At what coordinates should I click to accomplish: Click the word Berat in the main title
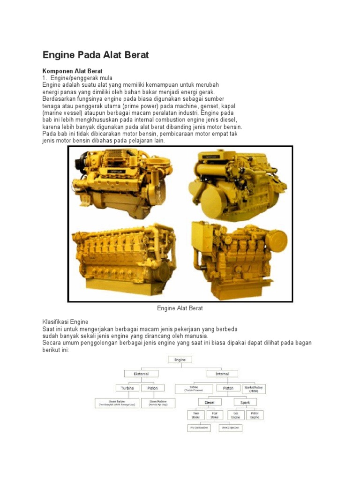point(134,55)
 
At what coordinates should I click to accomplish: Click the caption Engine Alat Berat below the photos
point(180,308)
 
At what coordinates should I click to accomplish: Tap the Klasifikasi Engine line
point(65,322)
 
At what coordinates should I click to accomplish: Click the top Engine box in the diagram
point(180,360)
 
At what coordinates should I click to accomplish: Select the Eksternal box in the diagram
point(141,374)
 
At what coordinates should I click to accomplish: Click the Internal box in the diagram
point(222,374)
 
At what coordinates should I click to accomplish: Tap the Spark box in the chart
point(245,402)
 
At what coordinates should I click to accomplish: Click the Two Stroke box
point(194,415)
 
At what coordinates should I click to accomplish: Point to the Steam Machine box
point(158,403)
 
